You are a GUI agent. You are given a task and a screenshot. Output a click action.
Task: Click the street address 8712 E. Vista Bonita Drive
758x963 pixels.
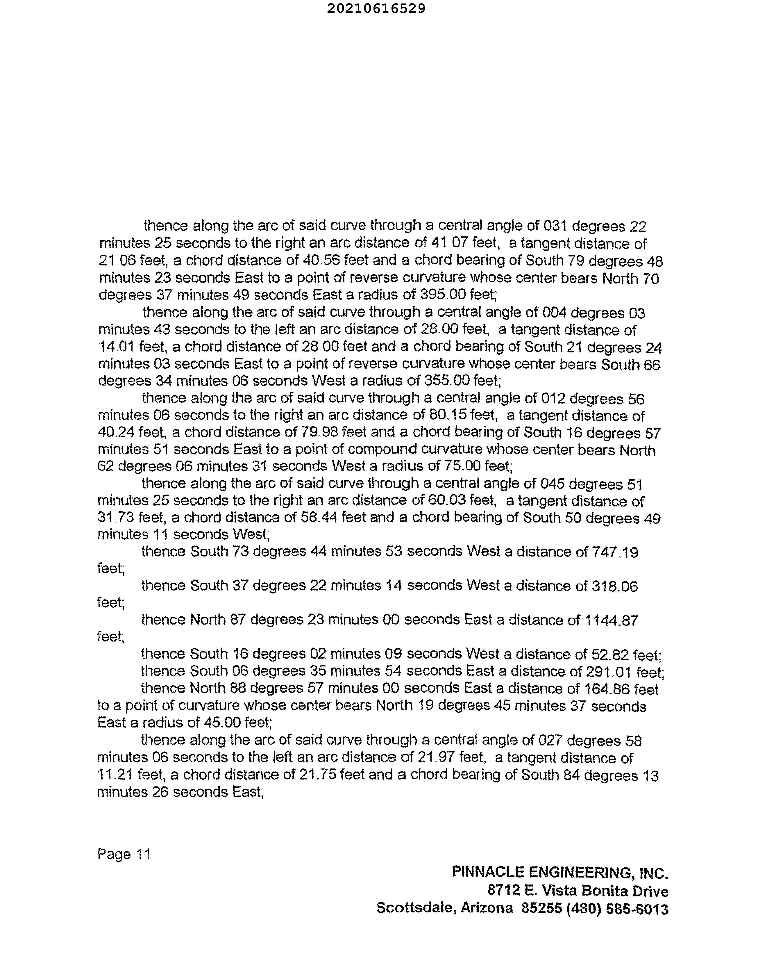tap(578, 891)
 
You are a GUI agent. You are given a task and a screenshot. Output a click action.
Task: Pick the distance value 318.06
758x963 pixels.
tap(615, 586)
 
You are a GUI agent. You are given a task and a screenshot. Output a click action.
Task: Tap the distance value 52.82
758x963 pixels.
tap(610, 655)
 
